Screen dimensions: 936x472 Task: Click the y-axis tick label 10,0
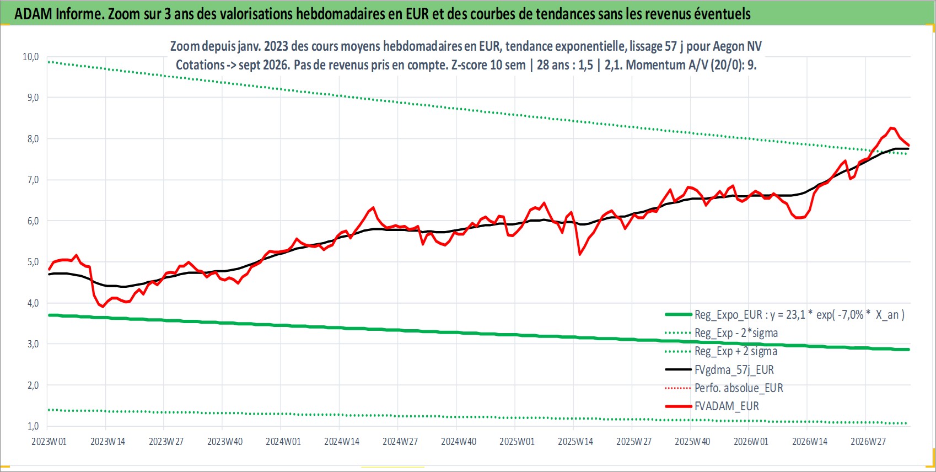[30, 57]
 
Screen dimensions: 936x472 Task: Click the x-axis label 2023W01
[49, 442]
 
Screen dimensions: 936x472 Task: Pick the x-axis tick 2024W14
[342, 442]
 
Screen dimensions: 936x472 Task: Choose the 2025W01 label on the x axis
[517, 442]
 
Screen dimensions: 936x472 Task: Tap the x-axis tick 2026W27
[868, 442]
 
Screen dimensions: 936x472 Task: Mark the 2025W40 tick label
[692, 442]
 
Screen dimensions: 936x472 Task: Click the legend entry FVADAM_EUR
[727, 406]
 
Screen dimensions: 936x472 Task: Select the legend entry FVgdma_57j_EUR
[734, 369]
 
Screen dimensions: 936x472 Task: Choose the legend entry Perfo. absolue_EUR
[739, 388]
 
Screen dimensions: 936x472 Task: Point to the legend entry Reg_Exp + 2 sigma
[736, 351]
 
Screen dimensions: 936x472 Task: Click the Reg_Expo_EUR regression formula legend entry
[799, 314]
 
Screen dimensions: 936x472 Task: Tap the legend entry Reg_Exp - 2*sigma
[736, 333]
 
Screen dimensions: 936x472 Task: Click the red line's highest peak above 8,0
[891, 128]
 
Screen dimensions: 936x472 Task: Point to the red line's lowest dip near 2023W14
[103, 307]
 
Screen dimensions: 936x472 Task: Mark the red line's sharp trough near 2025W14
[579, 254]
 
